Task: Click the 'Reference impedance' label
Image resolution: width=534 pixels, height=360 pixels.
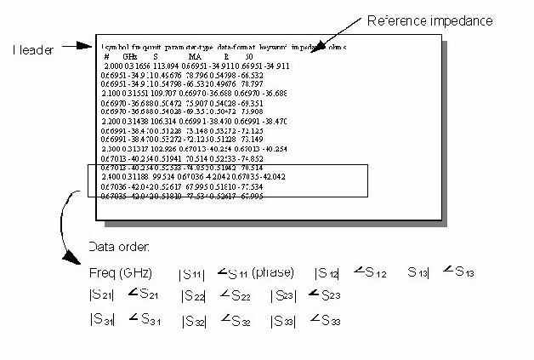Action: [x=429, y=20]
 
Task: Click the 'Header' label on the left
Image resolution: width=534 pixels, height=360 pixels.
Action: [x=33, y=50]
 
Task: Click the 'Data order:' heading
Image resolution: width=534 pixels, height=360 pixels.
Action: [x=119, y=248]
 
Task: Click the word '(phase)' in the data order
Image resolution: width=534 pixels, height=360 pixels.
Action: [x=273, y=273]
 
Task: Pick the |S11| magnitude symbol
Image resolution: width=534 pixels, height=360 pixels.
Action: [x=190, y=274]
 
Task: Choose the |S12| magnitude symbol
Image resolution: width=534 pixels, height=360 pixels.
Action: [x=327, y=274]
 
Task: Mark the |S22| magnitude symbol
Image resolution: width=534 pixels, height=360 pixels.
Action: [x=193, y=296]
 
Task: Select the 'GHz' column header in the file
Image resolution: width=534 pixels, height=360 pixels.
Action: [x=131, y=55]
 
